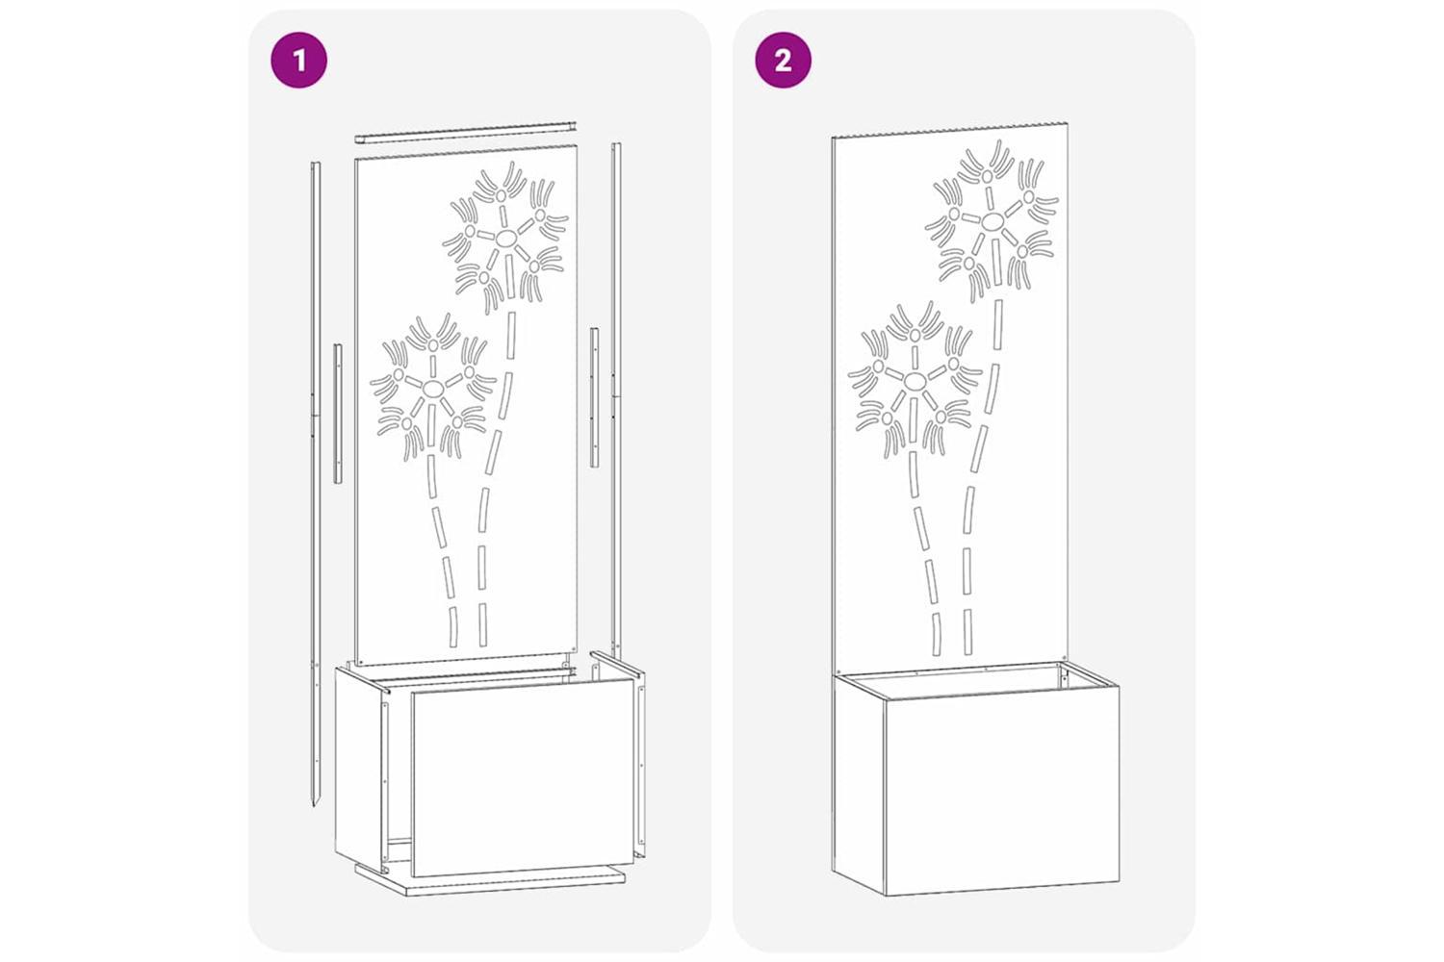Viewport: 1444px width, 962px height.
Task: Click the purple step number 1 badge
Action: click(x=298, y=60)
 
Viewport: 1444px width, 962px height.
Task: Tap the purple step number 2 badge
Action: click(x=784, y=60)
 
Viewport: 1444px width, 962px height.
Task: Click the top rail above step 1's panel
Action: click(x=465, y=132)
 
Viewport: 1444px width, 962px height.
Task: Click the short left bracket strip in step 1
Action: click(x=337, y=413)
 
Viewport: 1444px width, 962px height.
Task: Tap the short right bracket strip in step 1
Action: click(x=594, y=397)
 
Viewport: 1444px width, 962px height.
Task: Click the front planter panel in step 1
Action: click(x=523, y=777)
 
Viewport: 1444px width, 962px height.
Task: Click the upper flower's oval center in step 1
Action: click(x=506, y=237)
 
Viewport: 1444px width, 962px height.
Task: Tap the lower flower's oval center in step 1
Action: click(x=433, y=388)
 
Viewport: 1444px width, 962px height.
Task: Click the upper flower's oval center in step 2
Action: click(x=993, y=222)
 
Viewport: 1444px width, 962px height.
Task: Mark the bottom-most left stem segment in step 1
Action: click(x=453, y=626)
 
